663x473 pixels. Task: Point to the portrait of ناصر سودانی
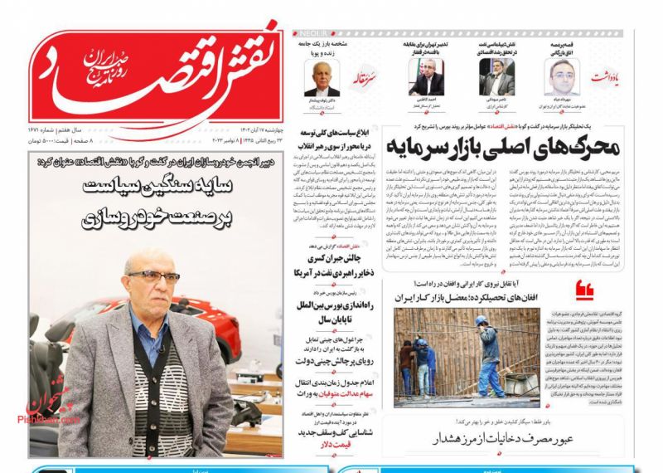click(498, 79)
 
